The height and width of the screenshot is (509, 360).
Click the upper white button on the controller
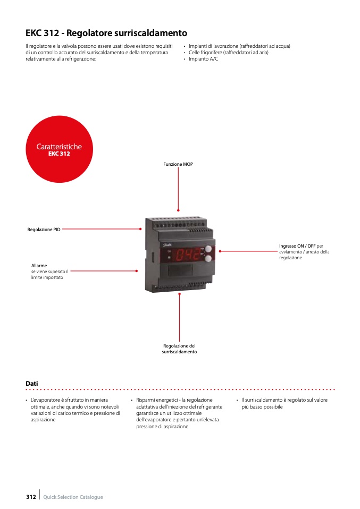(x=208, y=249)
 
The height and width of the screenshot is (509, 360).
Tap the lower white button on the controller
(x=208, y=259)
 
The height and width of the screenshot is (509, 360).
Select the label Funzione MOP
(x=178, y=164)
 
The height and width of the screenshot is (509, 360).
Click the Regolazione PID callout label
(x=44, y=230)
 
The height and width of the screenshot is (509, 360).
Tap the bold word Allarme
(x=39, y=265)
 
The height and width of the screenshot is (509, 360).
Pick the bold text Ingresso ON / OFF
(x=297, y=246)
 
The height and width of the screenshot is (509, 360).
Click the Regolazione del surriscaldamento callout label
(x=179, y=349)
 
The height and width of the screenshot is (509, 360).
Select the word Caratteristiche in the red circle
(x=59, y=146)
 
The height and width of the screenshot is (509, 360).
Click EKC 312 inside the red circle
(x=59, y=154)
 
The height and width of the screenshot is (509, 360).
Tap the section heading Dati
(x=31, y=383)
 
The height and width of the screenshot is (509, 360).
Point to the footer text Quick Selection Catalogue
(x=73, y=497)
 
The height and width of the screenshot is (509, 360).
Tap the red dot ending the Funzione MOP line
(x=178, y=210)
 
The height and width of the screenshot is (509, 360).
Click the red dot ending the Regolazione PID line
(x=140, y=229)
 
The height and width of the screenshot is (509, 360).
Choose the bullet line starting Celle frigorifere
(x=228, y=53)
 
